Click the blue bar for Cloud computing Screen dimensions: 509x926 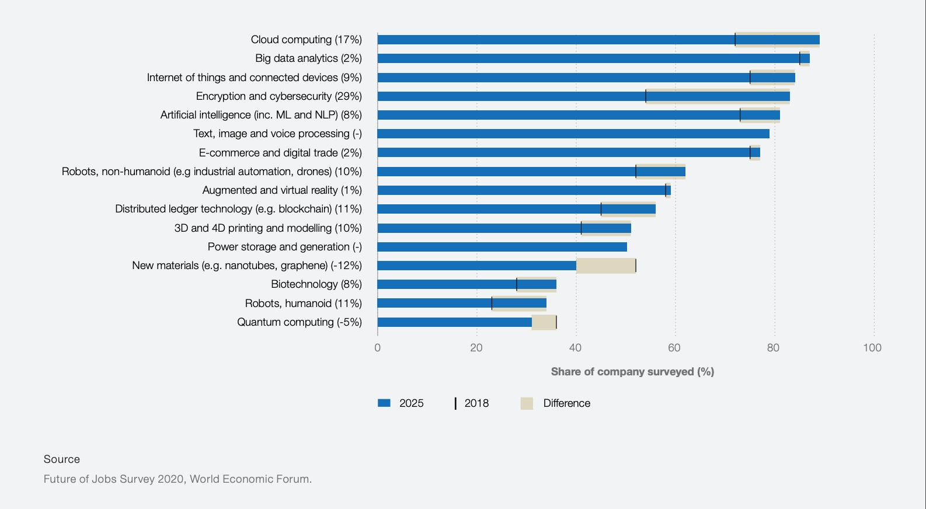click(x=584, y=40)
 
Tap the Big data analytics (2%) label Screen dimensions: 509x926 click(x=308, y=58)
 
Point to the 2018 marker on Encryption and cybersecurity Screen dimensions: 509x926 click(x=646, y=96)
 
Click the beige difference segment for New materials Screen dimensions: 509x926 click(x=605, y=266)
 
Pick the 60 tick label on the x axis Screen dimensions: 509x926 click(x=674, y=348)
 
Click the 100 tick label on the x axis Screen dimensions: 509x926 click(x=872, y=348)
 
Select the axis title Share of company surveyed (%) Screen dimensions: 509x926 click(x=632, y=372)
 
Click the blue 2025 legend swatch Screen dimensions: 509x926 click(x=384, y=403)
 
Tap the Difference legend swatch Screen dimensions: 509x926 click(x=527, y=403)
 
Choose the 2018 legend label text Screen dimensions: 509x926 click(x=476, y=403)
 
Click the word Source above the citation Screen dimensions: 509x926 click(x=62, y=459)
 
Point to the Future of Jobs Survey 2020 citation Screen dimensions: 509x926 click(x=177, y=479)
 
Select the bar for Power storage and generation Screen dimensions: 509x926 click(x=502, y=247)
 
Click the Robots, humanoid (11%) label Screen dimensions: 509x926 click(x=303, y=304)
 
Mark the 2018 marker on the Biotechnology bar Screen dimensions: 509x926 click(x=517, y=285)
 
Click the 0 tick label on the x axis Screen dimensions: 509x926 click(x=378, y=348)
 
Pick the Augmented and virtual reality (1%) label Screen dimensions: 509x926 click(x=282, y=190)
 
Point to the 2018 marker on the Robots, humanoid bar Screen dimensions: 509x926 click(x=492, y=304)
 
